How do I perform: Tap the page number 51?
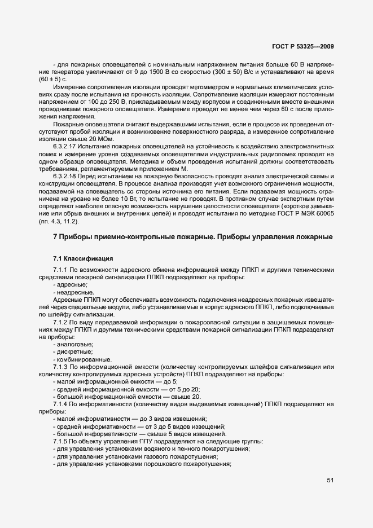click(x=330, y=480)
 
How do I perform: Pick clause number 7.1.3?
click(x=61, y=368)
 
